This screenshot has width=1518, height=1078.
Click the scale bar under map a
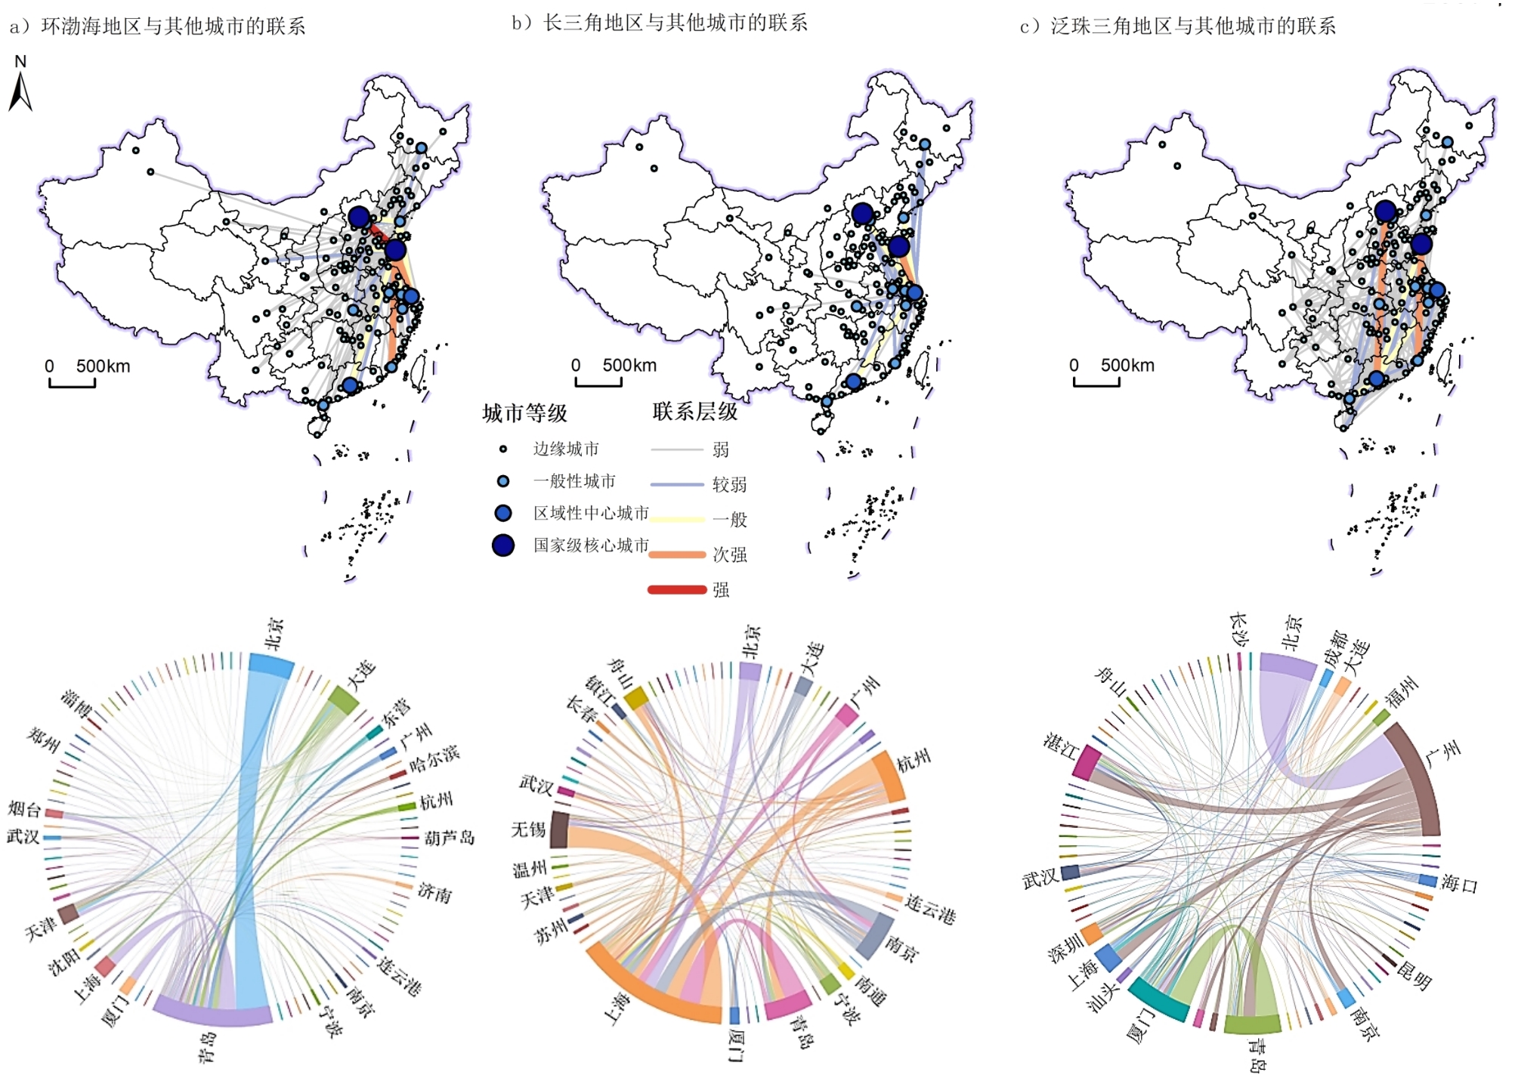pyautogui.click(x=73, y=383)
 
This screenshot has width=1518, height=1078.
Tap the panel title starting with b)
pyautogui.click(x=660, y=23)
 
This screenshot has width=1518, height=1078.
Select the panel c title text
pyautogui.click(x=1178, y=26)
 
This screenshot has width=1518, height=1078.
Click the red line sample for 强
pyautogui.click(x=677, y=589)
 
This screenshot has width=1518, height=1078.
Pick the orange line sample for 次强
pyautogui.click(x=677, y=554)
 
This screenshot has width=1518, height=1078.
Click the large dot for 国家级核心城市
pyautogui.click(x=503, y=545)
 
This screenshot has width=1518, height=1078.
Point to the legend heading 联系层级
pyautogui.click(x=695, y=412)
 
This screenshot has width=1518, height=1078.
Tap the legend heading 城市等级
pyautogui.click(x=525, y=413)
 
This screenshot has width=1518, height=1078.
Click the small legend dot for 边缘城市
pyautogui.click(x=503, y=449)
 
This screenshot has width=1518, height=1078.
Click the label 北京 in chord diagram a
pyautogui.click(x=274, y=633)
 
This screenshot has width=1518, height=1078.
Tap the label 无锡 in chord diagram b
pyautogui.click(x=528, y=829)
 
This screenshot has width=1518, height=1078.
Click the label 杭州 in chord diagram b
pyautogui.click(x=914, y=761)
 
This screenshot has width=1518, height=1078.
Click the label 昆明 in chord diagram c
pyautogui.click(x=1414, y=975)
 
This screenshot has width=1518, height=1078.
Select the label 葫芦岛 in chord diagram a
pyautogui.click(x=450, y=838)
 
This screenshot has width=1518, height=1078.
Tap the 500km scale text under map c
pyautogui.click(x=1127, y=366)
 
